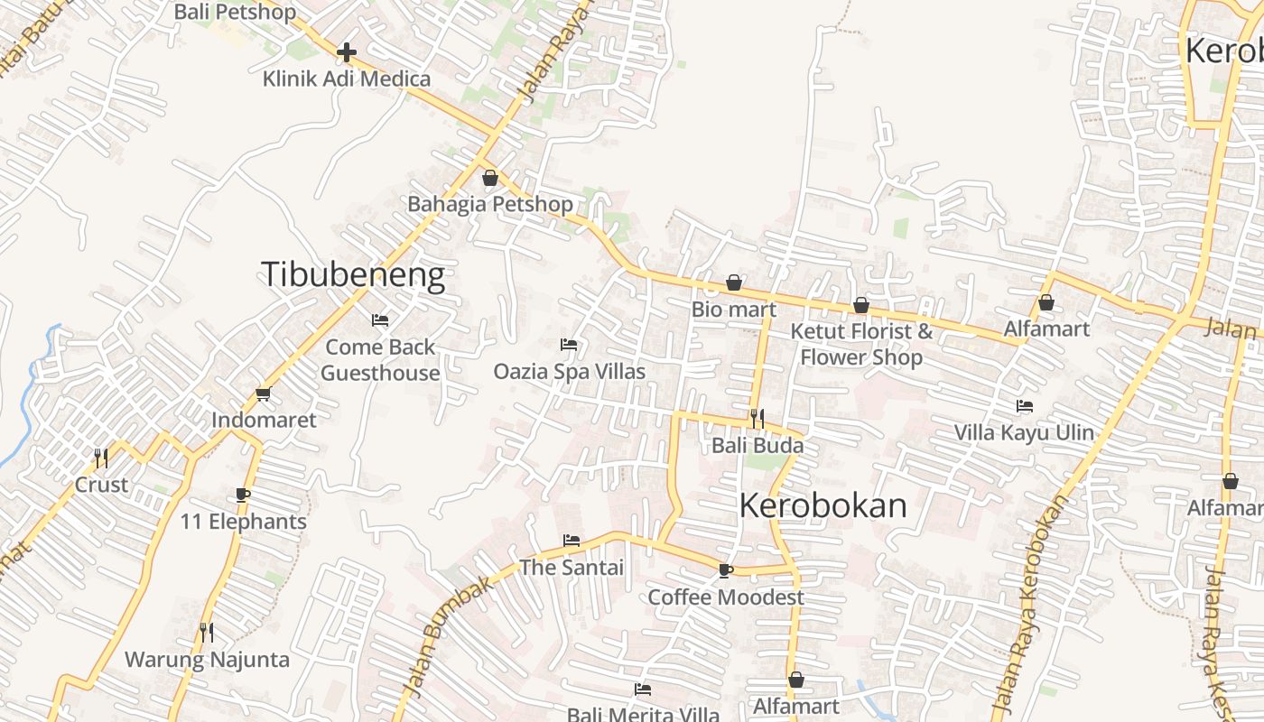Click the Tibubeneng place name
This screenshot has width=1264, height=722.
point(353,274)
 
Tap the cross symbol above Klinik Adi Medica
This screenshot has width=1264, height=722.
point(346,52)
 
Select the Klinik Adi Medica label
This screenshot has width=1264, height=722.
point(347,79)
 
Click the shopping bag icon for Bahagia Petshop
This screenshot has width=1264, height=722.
point(490,178)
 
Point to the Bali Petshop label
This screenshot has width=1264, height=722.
point(235,12)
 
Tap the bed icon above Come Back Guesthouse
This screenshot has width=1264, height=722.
point(380,320)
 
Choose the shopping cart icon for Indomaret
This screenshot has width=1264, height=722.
point(264,393)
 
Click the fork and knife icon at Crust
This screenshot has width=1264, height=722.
point(101,458)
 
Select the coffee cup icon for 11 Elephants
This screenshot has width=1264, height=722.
point(242,495)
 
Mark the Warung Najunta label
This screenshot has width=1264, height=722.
point(207,660)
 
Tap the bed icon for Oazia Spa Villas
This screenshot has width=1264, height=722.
point(569,345)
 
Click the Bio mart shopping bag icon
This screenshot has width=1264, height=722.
point(734,283)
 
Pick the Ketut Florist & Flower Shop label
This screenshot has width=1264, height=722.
point(861,344)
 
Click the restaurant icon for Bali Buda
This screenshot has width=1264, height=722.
point(757,419)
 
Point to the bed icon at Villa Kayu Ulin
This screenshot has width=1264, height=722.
point(1024,406)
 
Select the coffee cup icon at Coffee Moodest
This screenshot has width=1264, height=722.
point(725,570)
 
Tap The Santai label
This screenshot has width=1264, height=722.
point(571,568)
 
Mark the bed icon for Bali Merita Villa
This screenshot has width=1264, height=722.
point(643,690)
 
